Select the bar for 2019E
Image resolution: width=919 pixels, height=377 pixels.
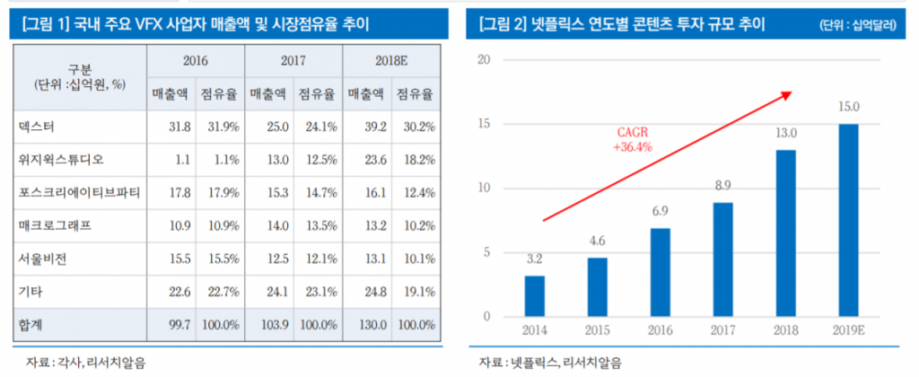[x=848, y=220]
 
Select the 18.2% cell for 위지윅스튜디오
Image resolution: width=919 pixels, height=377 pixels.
[x=415, y=159]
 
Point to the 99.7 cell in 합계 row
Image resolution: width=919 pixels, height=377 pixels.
[x=169, y=324]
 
